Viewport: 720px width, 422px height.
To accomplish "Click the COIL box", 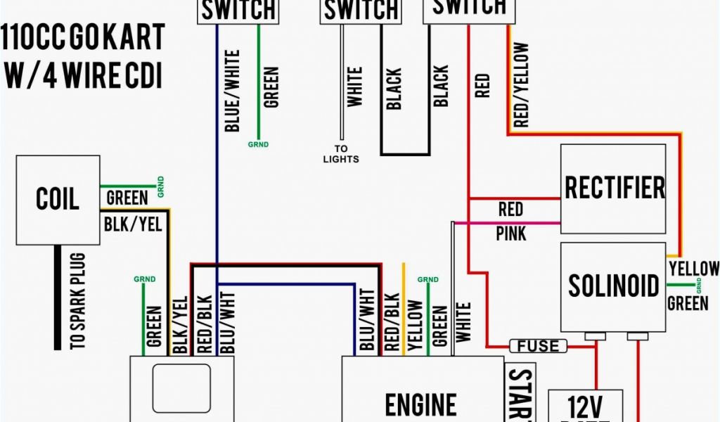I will click(x=58, y=200).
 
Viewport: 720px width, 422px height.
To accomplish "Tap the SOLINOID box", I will click(x=613, y=286).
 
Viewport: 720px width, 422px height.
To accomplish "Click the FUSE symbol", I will click(x=538, y=345).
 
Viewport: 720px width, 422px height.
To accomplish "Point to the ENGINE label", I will click(x=421, y=404).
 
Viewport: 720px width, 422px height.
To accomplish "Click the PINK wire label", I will click(x=510, y=233).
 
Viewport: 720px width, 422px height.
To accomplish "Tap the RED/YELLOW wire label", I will click(x=521, y=85).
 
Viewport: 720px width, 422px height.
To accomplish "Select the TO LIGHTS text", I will click(x=341, y=154).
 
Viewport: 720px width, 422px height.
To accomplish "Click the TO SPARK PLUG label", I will click(x=79, y=301).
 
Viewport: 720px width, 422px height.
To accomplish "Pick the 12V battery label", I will click(x=585, y=406).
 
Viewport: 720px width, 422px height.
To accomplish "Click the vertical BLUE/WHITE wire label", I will click(x=231, y=91).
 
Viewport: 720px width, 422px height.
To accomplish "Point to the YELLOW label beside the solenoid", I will click(x=694, y=269).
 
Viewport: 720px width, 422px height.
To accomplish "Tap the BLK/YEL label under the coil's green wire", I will click(x=133, y=224).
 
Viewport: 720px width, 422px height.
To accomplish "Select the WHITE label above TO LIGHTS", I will click(x=355, y=87).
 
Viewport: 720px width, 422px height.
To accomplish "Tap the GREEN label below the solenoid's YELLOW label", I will click(x=688, y=303).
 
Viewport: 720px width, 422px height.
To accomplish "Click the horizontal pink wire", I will click(x=506, y=223).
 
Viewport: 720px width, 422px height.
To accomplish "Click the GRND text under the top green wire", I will click(x=258, y=145).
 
